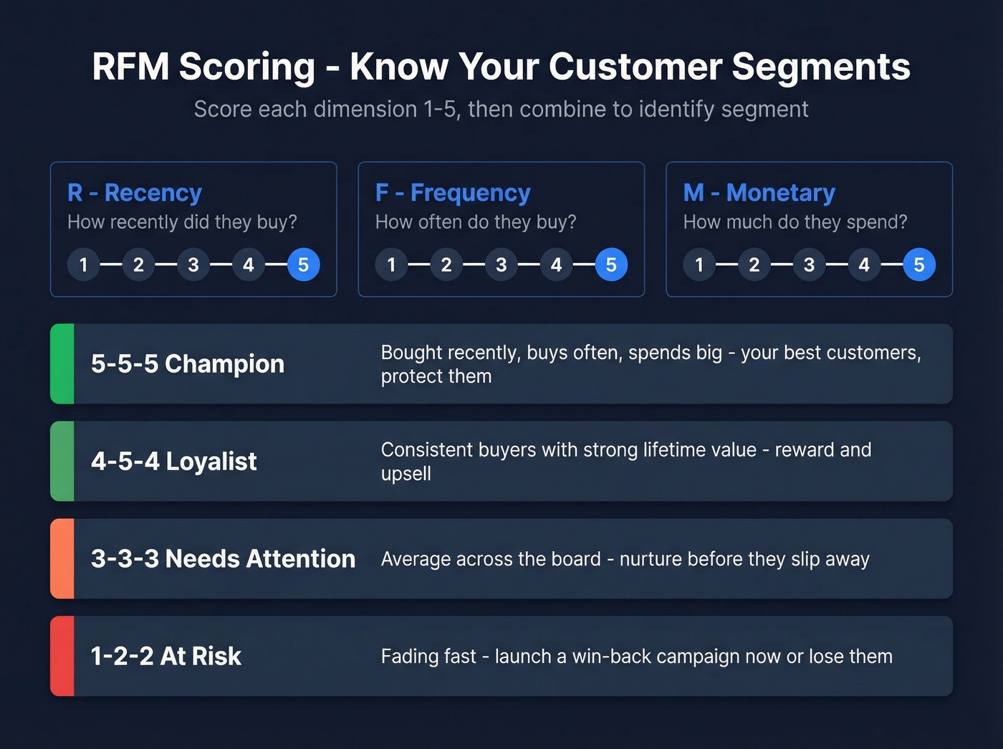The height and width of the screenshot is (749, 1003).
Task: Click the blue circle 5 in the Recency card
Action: [x=303, y=265]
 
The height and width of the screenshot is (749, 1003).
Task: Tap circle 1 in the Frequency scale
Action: [x=391, y=265]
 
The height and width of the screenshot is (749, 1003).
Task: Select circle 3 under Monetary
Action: [x=809, y=265]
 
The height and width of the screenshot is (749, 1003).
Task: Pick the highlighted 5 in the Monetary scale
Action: [x=919, y=265]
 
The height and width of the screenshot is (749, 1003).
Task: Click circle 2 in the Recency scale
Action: [x=138, y=265]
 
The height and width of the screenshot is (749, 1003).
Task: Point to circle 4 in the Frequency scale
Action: [x=556, y=265]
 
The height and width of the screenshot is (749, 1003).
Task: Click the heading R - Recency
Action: [x=135, y=193]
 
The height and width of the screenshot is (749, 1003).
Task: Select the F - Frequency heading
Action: [x=453, y=193]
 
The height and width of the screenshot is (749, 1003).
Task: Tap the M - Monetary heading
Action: [x=759, y=193]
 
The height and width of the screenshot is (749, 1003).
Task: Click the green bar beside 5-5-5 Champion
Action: [x=62, y=363]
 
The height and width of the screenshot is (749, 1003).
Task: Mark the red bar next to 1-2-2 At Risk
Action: [x=62, y=656]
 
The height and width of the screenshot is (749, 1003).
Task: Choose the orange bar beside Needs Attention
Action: [x=62, y=558]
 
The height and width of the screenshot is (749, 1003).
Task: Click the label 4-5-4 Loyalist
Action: [x=173, y=461]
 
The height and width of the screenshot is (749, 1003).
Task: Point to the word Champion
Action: [x=224, y=364]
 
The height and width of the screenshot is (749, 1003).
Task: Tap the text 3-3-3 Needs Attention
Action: [x=223, y=558]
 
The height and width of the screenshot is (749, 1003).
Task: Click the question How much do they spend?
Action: [x=795, y=222]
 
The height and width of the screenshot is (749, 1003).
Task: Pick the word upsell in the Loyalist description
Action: [x=406, y=474]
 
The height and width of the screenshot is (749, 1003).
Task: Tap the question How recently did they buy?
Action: [x=182, y=222]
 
